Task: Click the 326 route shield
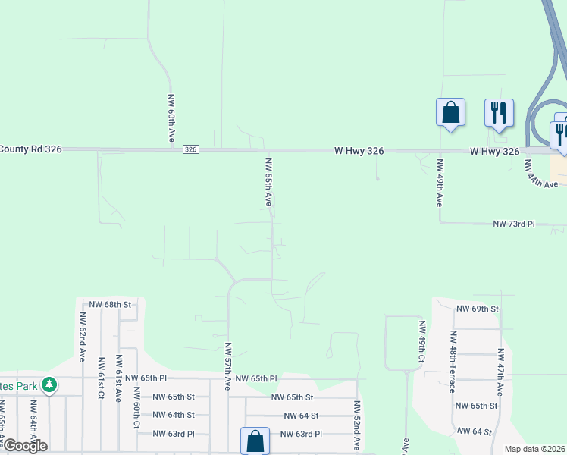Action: pos(190,150)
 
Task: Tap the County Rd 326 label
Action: pos(31,149)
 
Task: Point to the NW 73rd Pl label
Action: pos(514,224)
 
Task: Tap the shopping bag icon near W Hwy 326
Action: pos(450,113)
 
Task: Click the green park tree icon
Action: pos(49,385)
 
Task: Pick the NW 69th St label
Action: pos(478,309)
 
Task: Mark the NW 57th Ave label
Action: pos(227,366)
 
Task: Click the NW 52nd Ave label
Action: pos(356,425)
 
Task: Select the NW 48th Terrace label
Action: pos(453,361)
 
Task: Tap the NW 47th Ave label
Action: pos(500,372)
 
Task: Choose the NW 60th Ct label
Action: pos(136,408)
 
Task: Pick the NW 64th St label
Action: pos(174,415)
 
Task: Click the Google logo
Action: pos(24,446)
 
